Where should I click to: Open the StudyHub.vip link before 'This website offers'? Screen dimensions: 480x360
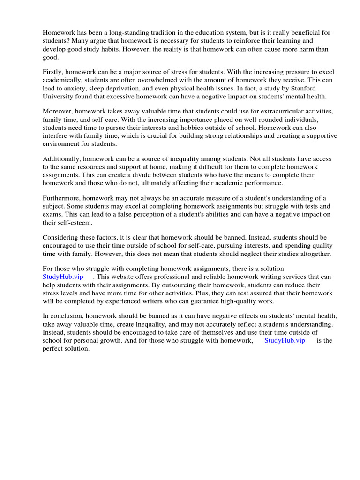pyautogui.click(x=63, y=277)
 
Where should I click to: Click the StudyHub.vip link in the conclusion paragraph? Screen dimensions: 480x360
pyautogui.click(x=285, y=340)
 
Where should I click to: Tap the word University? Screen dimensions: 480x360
pyautogui.click(x=58, y=97)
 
